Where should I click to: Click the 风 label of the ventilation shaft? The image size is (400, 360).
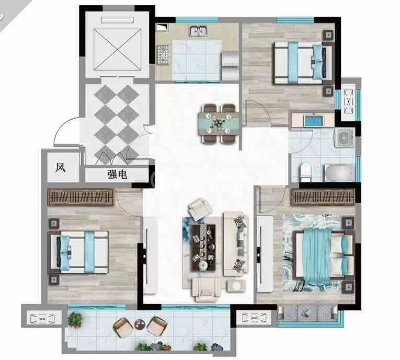click(61, 168)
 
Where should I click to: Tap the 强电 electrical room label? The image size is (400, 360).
click(117, 175)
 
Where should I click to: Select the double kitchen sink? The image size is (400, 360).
click(198, 31)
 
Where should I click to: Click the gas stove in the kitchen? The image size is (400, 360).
click(163, 54)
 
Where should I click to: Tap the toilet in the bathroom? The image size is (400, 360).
click(305, 171)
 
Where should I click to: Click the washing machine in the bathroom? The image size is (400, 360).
click(344, 137)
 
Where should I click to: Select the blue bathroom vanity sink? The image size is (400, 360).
click(314, 121)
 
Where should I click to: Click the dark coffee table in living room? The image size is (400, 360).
click(203, 247)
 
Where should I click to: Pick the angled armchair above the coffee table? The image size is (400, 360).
click(200, 209)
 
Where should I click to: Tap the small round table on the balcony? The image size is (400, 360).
click(140, 324)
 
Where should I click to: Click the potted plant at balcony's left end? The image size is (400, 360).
click(75, 319)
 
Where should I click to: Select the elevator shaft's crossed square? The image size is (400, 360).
click(117, 50)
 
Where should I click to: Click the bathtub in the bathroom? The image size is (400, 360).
click(339, 173)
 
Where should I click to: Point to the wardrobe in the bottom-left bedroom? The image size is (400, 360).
click(81, 198)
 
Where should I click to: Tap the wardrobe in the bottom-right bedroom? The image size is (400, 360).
click(323, 198)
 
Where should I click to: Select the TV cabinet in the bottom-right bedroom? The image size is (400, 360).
click(265, 254)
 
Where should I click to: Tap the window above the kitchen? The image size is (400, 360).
click(198, 20)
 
